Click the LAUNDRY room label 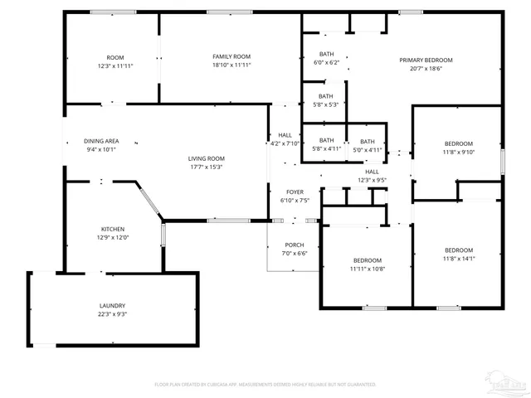click(x=114, y=305)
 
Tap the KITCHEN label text click(x=114, y=229)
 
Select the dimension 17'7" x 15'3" click(x=205, y=167)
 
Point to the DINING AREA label click(x=102, y=141)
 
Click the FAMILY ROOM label click(x=231, y=56)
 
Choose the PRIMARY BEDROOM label click(x=426, y=60)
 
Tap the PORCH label click(x=295, y=245)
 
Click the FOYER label click(x=295, y=192)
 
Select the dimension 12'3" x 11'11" click(x=115, y=66)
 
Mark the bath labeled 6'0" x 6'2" click(x=326, y=63)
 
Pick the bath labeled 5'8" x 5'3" click(x=326, y=104)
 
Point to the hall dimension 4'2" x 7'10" click(x=285, y=143)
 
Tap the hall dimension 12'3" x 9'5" click(x=373, y=180)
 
